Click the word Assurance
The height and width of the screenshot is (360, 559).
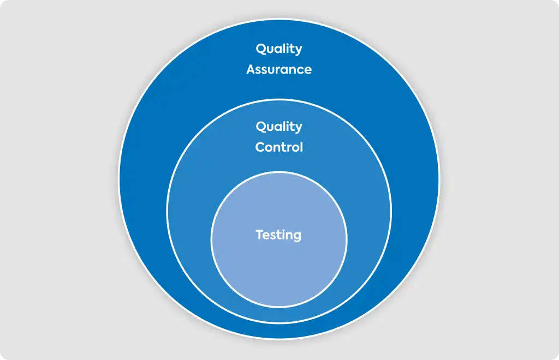(x=279, y=69)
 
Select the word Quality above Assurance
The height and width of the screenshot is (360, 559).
(x=279, y=49)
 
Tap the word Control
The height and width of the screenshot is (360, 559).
(x=279, y=147)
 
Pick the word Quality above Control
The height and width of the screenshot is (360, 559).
(x=279, y=127)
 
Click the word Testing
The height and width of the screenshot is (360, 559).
(x=278, y=236)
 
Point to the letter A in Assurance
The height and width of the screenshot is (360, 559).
(x=251, y=69)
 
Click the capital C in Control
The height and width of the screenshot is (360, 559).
(x=260, y=147)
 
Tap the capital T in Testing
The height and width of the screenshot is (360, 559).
(x=260, y=235)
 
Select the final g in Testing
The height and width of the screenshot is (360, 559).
(x=297, y=237)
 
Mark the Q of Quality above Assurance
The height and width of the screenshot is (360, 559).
(x=261, y=49)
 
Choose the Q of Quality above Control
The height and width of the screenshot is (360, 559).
(x=261, y=127)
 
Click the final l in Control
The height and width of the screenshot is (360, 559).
(x=301, y=147)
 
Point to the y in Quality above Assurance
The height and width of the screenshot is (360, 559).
(x=298, y=50)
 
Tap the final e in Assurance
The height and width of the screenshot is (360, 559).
(x=307, y=70)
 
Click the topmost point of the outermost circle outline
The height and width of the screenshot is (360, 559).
(x=279, y=19)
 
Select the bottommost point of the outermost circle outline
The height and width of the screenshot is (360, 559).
(x=279, y=340)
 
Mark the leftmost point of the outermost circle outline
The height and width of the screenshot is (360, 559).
(x=118, y=179)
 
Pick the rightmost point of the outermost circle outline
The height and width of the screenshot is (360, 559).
(x=439, y=179)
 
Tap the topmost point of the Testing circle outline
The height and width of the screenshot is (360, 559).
(x=279, y=172)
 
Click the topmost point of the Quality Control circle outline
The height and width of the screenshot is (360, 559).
(x=279, y=99)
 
